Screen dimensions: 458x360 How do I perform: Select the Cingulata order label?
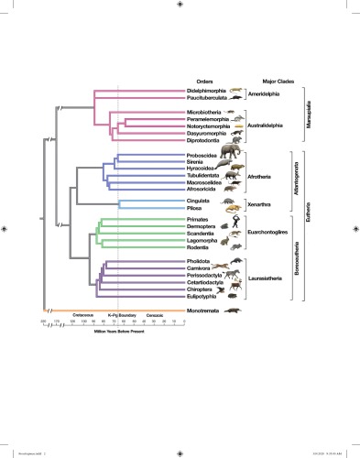[x=200, y=200]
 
